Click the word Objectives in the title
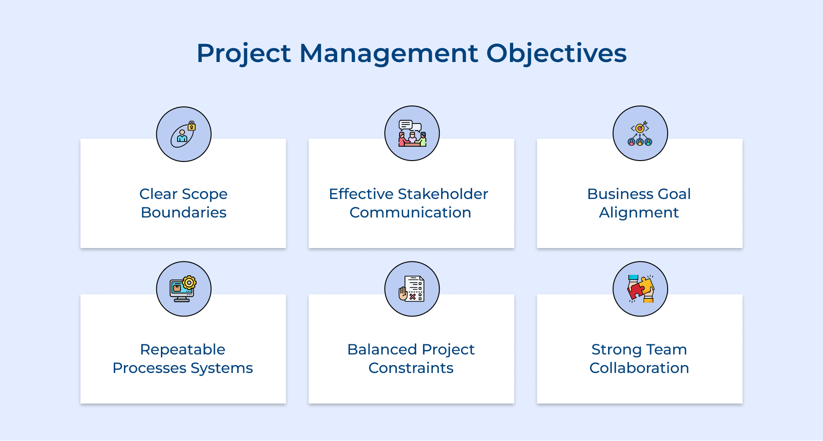[556, 53]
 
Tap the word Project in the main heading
[244, 53]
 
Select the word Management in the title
[388, 53]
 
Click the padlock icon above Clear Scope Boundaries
[191, 126]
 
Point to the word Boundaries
[184, 212]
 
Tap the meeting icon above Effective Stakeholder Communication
[412, 134]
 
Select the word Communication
[410, 212]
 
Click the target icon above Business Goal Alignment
[640, 128]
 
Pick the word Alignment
[639, 212]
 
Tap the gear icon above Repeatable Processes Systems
[189, 283]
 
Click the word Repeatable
[183, 349]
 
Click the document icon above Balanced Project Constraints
[414, 288]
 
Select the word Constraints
[411, 368]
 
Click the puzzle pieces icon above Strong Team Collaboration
[640, 289]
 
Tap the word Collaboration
[639, 368]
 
